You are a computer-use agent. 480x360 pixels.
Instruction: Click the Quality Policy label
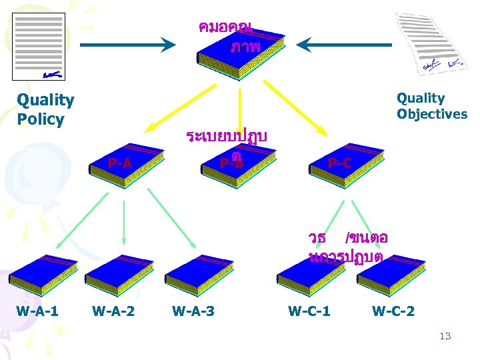point(45,110)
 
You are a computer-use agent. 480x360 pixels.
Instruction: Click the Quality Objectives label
point(432,106)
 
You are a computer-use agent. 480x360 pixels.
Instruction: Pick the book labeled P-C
point(347,164)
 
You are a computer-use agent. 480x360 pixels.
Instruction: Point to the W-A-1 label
point(37,311)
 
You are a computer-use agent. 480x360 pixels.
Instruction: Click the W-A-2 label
point(113,311)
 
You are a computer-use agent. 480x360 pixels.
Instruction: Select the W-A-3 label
point(193,311)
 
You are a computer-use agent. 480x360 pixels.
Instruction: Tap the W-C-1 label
point(309,311)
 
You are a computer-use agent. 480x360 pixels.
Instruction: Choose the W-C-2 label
point(393,311)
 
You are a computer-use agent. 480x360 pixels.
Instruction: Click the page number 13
point(445,336)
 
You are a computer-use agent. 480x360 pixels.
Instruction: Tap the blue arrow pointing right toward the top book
point(127,45)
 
